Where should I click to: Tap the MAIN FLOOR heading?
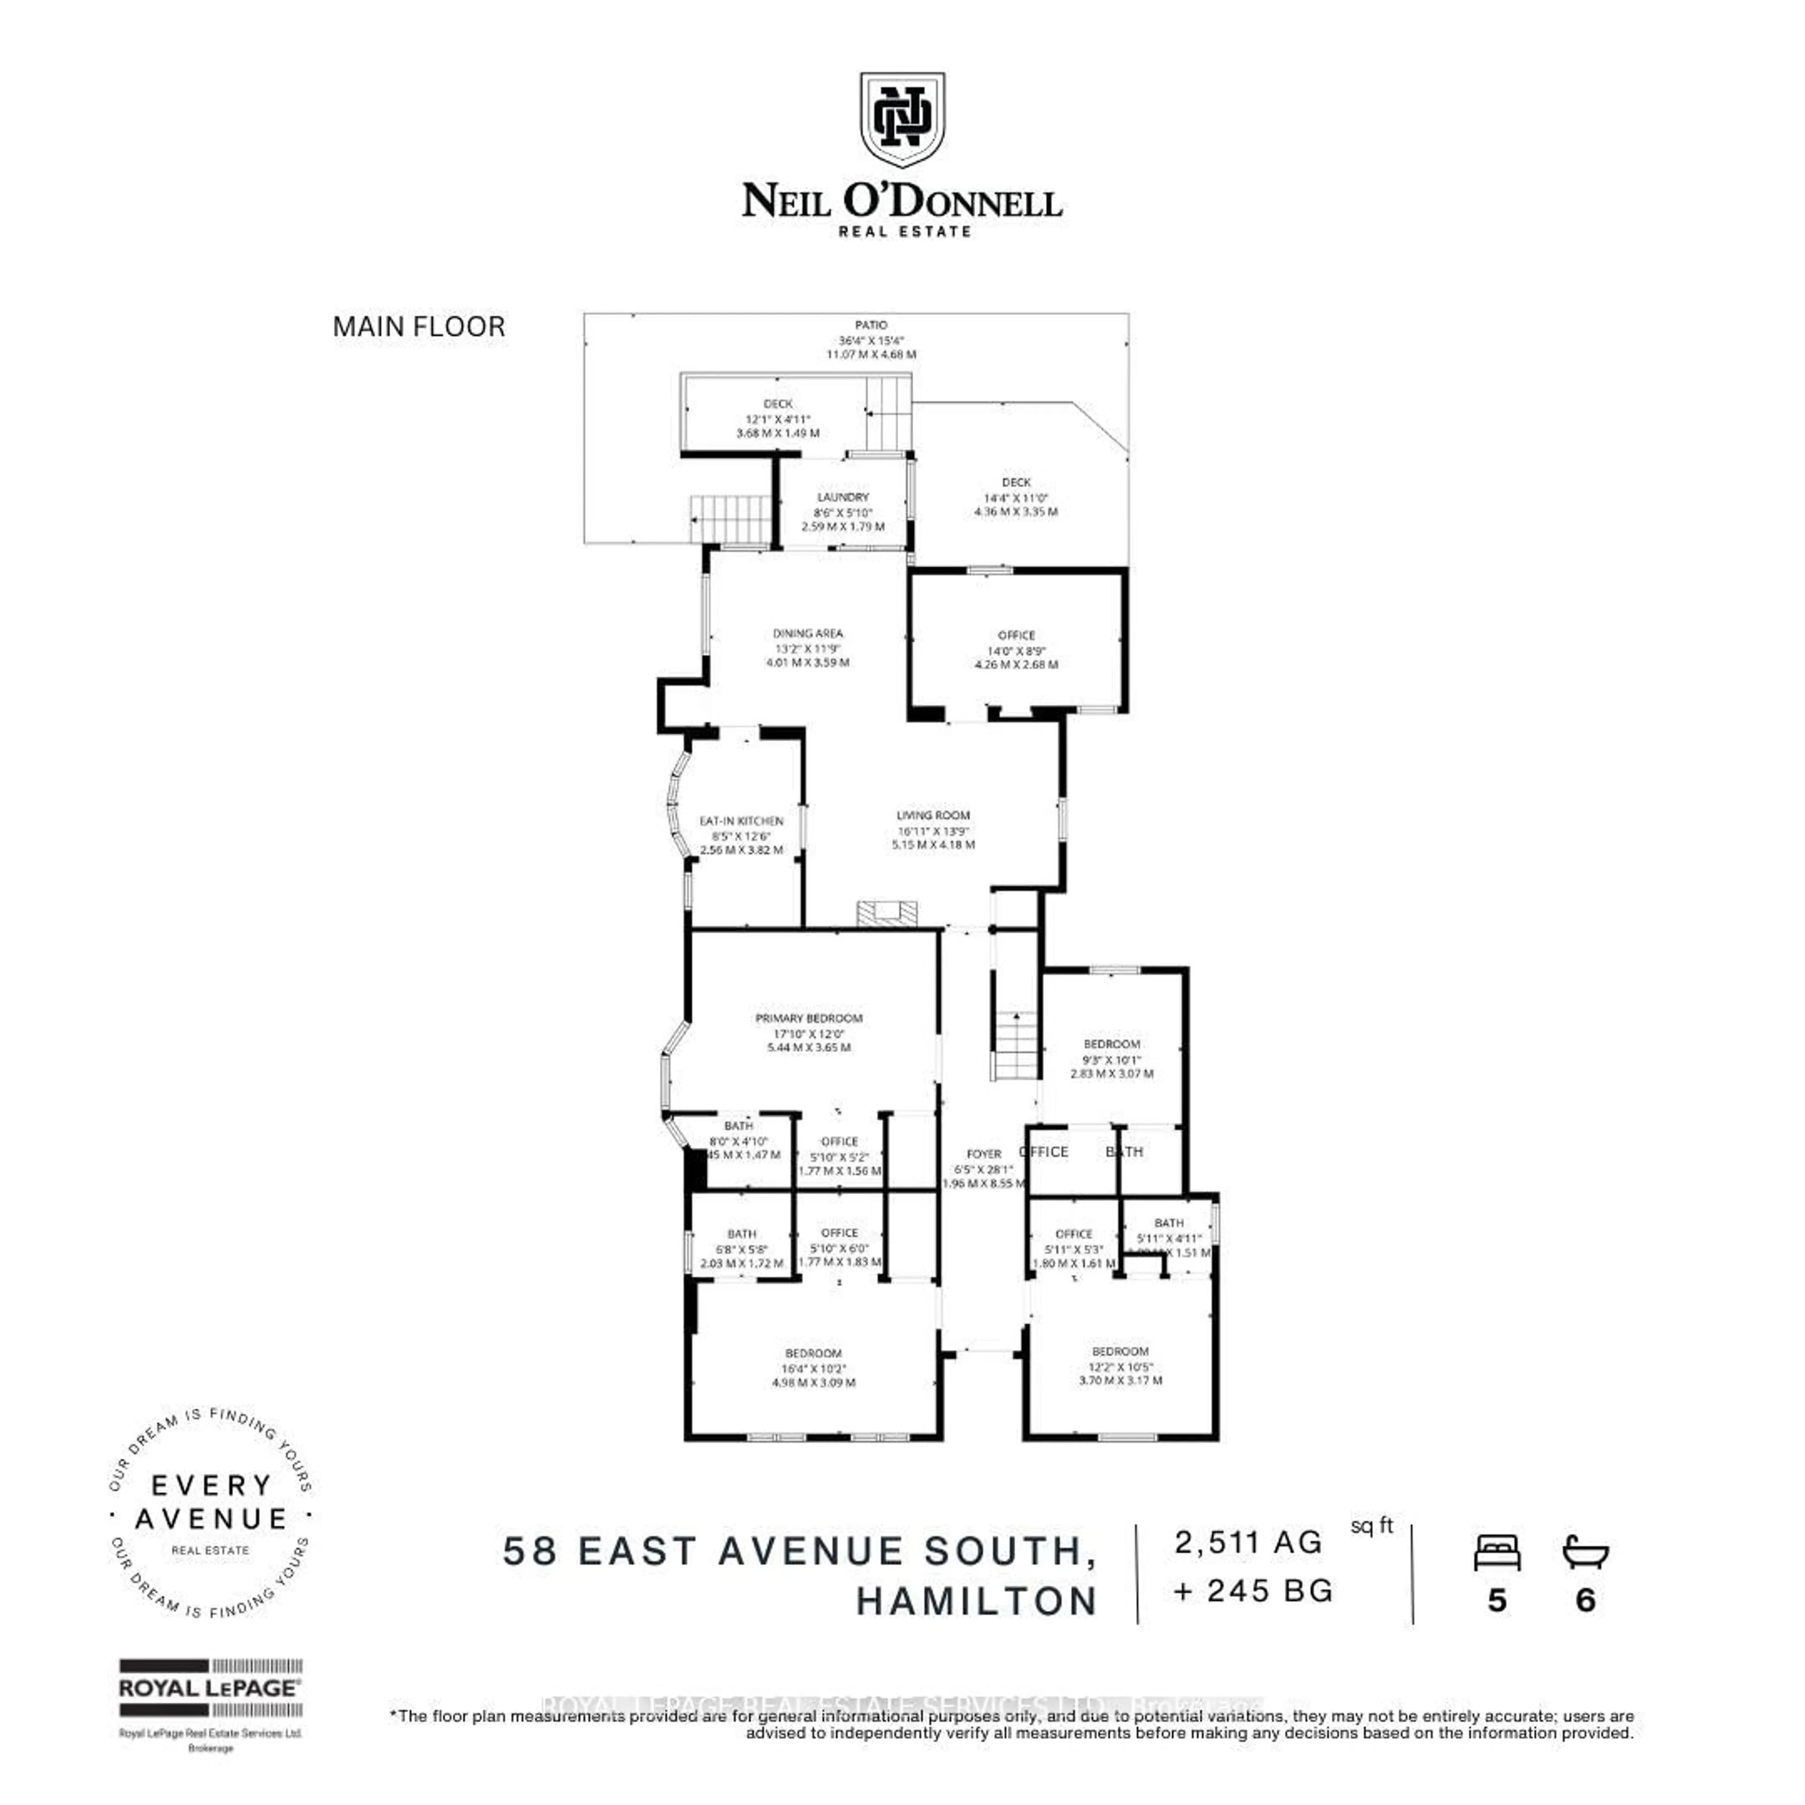(418, 327)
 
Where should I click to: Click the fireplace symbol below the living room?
(887, 913)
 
